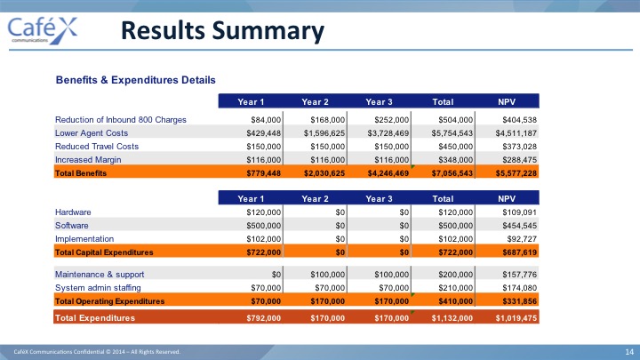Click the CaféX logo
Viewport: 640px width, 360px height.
click(x=43, y=30)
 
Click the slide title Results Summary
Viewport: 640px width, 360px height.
click(x=222, y=31)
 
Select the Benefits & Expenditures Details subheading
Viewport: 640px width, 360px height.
click(x=135, y=80)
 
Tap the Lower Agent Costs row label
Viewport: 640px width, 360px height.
click(x=92, y=133)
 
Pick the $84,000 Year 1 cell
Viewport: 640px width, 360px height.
click(x=266, y=120)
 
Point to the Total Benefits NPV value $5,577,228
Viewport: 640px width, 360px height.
click(x=516, y=173)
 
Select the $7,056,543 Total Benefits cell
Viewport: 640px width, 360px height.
click(x=452, y=173)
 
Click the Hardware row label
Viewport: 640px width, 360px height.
click(x=73, y=212)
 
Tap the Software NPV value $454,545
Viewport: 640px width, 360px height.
click(x=519, y=226)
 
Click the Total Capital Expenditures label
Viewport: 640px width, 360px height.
click(x=104, y=252)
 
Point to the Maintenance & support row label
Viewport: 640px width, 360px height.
click(x=100, y=275)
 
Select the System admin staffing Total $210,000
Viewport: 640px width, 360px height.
click(x=455, y=288)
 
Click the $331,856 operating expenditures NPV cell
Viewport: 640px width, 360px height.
click(x=519, y=301)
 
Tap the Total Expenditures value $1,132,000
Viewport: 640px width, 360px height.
click(x=452, y=318)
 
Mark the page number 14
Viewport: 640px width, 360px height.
click(x=629, y=352)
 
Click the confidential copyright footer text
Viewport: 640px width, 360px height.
click(x=97, y=352)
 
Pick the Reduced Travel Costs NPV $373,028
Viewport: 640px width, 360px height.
click(x=519, y=147)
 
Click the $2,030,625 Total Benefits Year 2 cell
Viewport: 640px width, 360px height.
click(x=324, y=173)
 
